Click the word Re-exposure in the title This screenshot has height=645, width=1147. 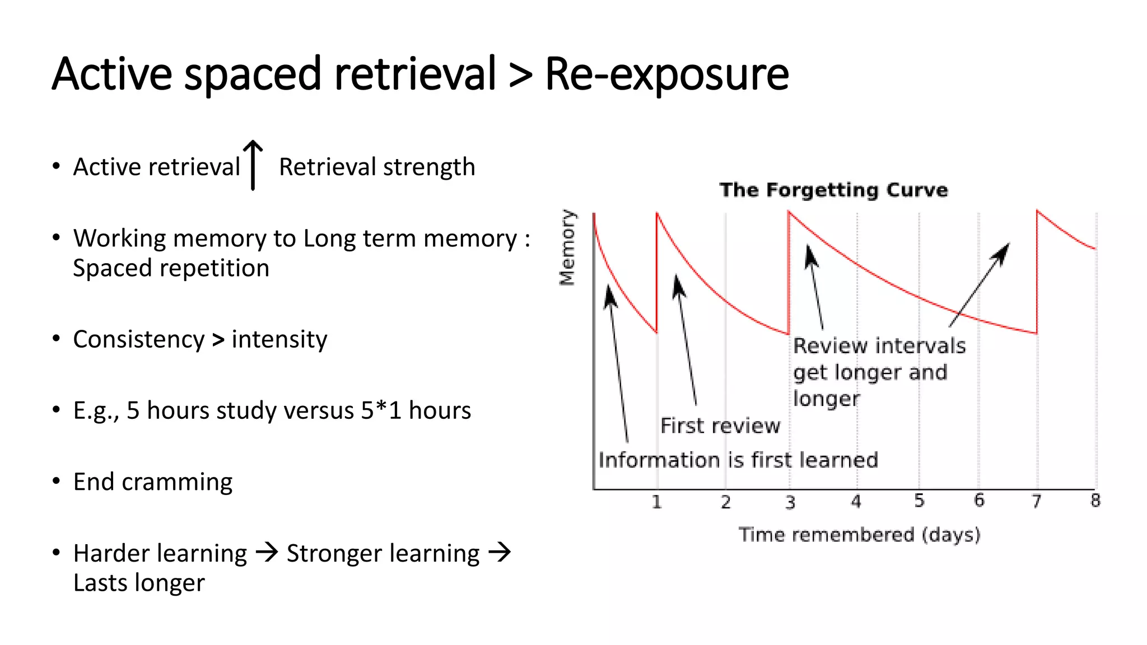666,74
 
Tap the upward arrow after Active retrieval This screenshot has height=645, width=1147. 253,165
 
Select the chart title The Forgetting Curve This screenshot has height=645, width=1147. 833,190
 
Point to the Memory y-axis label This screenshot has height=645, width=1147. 567,247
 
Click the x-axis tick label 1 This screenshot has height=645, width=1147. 656,502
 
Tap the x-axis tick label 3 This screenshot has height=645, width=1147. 790,502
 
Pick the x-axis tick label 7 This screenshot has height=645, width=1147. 1037,501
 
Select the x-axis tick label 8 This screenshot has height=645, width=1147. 1095,501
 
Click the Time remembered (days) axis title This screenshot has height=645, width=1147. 859,535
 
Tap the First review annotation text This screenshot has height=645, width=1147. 720,426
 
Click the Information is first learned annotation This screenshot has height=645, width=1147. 738,460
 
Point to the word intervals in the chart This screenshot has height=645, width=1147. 919,346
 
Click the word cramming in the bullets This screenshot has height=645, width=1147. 176,483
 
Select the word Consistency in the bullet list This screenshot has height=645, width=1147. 139,339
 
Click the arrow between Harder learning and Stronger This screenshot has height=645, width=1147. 267,553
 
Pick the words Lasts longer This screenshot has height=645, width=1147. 139,583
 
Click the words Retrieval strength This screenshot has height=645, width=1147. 377,167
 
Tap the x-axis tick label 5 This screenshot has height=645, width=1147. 919,501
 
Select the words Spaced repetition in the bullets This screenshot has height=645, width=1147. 171,268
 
